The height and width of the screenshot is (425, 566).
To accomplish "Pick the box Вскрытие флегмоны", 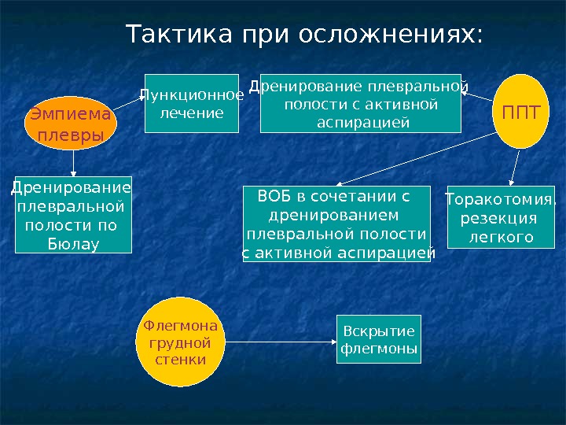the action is coord(379,339).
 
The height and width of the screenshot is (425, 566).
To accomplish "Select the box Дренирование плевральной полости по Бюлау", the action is coord(73,215).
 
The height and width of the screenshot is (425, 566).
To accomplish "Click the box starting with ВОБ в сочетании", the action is coord(337,224).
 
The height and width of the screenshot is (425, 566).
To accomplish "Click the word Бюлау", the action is coord(73,244).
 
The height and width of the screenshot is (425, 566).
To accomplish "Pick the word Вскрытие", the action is coord(378,331).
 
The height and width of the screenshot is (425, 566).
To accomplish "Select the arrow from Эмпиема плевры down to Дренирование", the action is coord(73,162).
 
